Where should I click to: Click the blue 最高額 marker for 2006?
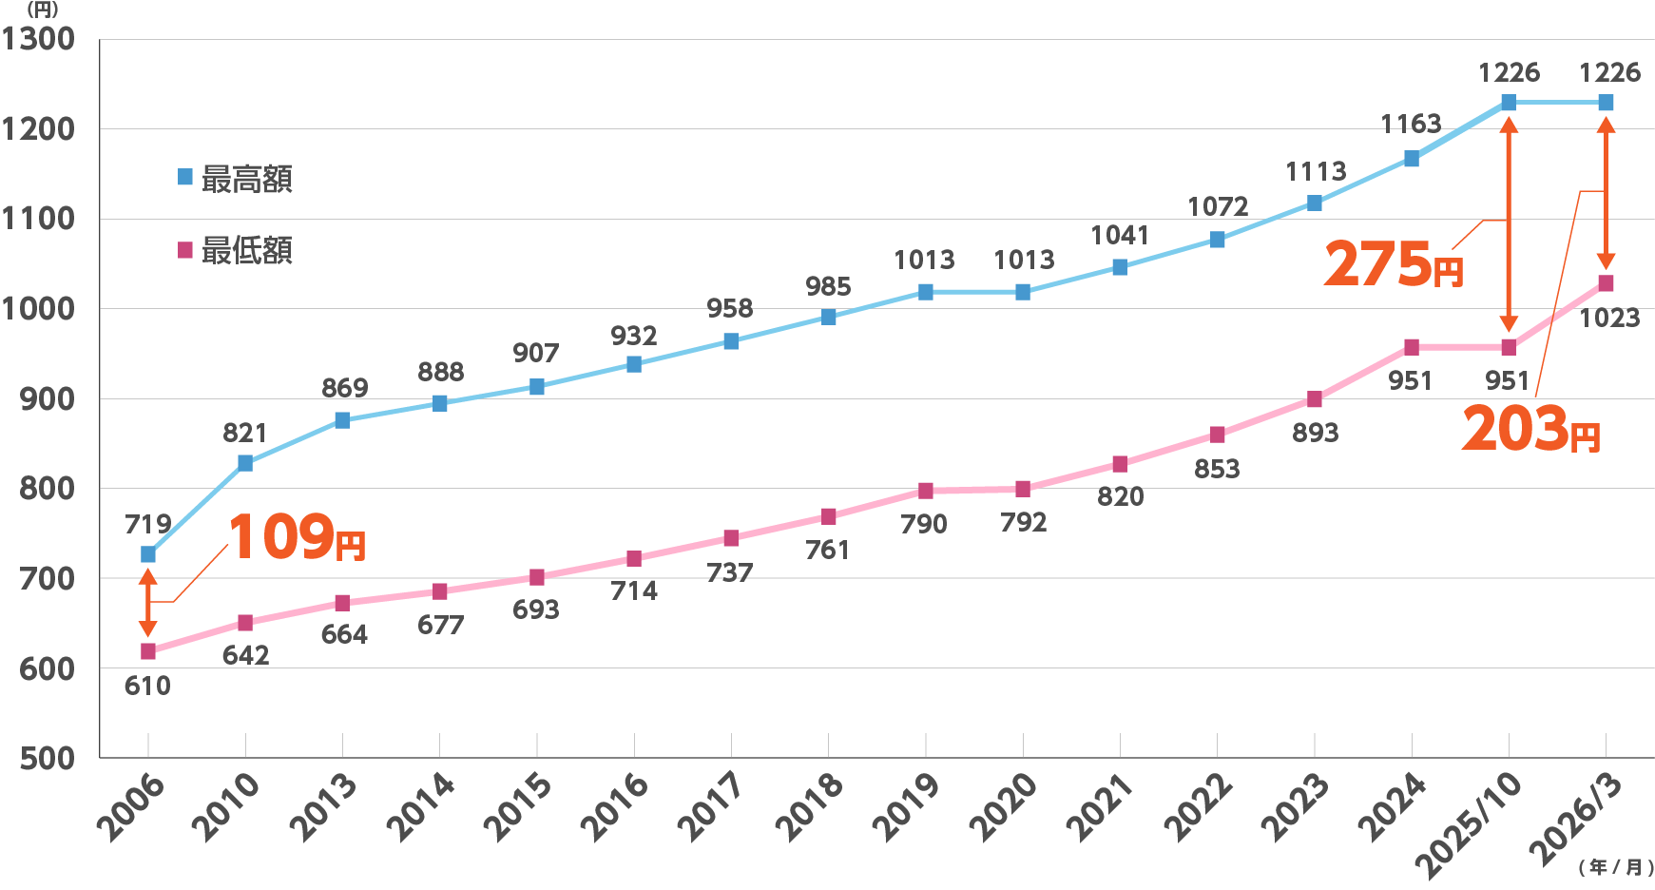148,554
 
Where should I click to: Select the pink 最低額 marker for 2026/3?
1606,283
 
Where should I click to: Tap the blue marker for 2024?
1411,159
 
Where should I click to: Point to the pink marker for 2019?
926,491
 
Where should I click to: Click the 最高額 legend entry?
236,179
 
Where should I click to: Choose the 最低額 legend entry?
236,251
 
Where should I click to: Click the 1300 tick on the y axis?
38,40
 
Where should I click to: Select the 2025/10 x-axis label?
1469,822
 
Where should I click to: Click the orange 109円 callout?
297,538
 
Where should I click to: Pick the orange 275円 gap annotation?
1393,264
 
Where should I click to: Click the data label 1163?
1411,124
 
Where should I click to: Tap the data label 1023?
1609,318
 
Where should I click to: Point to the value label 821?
244,434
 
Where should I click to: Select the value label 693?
536,610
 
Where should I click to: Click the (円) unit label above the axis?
42,10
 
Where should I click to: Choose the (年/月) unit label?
1615,867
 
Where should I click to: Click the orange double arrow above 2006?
147,602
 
